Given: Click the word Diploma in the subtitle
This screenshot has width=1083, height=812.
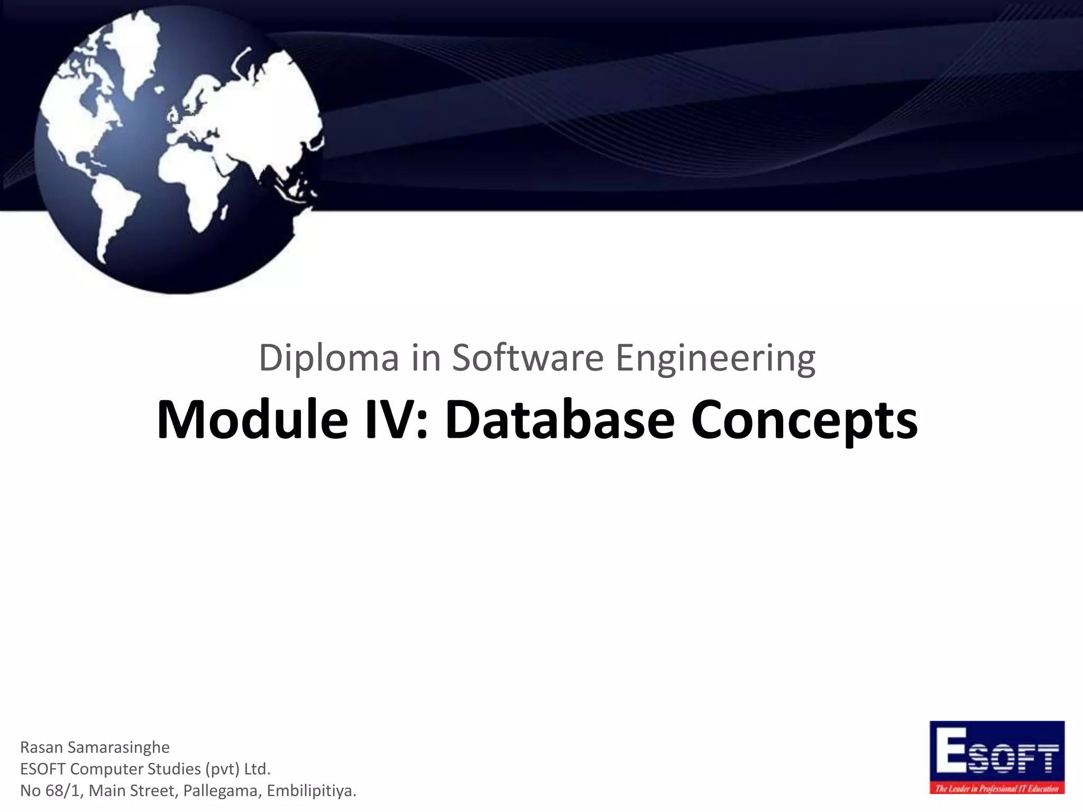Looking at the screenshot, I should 328,358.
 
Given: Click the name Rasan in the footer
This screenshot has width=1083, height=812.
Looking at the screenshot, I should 41,747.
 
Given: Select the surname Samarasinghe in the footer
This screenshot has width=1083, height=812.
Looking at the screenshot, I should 118,747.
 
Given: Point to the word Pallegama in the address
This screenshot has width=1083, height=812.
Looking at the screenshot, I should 222,790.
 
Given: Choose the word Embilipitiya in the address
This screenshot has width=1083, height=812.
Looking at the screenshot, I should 311,790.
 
